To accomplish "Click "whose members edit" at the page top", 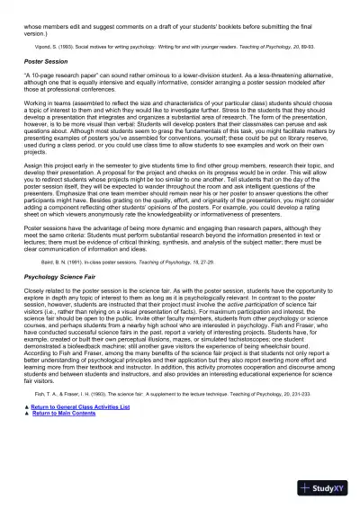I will coord(49,7).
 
